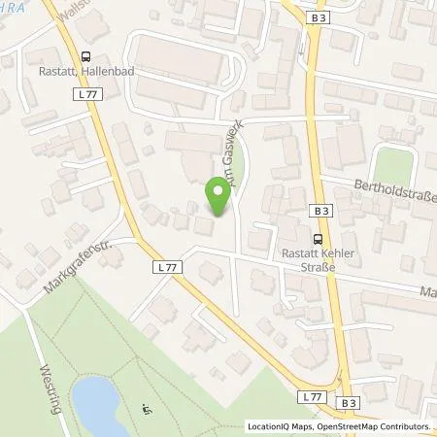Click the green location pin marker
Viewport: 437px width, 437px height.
[218, 197]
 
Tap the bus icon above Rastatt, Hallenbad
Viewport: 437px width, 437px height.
[86, 56]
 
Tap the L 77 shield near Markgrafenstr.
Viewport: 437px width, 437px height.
[163, 264]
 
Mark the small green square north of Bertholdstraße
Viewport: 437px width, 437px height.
[391, 163]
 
